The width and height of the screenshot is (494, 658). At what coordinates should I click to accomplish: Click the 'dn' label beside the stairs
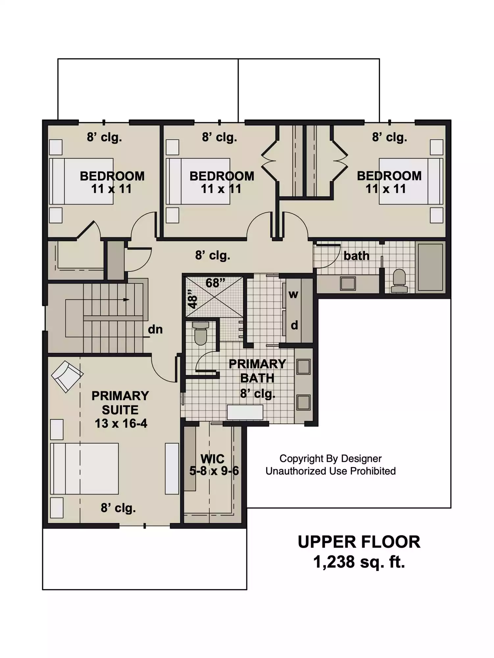click(155, 329)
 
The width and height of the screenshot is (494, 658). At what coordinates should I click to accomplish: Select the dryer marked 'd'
click(294, 325)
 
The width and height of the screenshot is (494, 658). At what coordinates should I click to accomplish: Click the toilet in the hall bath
click(399, 281)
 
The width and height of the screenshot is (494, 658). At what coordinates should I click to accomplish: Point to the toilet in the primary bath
click(201, 333)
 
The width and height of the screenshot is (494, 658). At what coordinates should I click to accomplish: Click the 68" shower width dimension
click(215, 283)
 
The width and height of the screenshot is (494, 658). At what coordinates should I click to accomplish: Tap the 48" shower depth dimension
click(192, 299)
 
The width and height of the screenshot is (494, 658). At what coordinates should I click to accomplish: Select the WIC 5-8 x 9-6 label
click(214, 465)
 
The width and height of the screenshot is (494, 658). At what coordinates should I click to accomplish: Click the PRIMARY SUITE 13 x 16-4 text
click(120, 409)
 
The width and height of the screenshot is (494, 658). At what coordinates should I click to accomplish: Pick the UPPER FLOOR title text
click(359, 542)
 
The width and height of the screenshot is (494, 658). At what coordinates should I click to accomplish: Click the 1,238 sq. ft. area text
click(359, 562)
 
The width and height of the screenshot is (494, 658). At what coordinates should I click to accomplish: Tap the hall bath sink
click(348, 283)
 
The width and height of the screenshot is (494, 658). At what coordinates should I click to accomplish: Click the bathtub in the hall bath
click(430, 267)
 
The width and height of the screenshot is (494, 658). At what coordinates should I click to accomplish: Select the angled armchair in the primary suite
click(67, 376)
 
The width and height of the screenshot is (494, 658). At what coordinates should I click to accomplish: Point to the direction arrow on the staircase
click(126, 300)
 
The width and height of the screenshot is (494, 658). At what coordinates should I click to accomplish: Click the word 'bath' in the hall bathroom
click(357, 256)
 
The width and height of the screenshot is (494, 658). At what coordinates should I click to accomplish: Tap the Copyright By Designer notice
click(331, 458)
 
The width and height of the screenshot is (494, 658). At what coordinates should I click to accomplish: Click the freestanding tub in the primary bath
click(245, 412)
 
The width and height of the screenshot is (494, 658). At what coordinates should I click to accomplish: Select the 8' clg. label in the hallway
click(212, 255)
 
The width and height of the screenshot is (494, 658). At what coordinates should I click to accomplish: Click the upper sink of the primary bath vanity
click(303, 367)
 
